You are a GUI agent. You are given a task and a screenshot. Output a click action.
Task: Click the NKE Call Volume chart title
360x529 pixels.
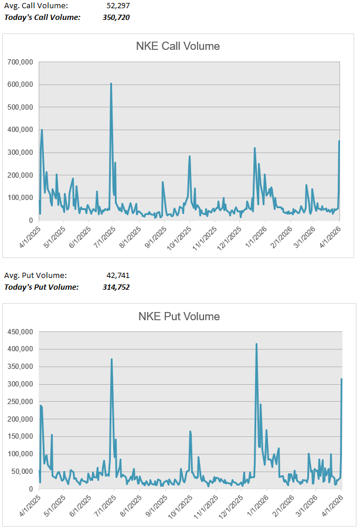point(178,46)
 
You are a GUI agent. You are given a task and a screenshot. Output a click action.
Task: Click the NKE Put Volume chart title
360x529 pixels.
point(179,317)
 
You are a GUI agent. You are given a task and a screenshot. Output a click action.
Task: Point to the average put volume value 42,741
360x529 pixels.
point(116,275)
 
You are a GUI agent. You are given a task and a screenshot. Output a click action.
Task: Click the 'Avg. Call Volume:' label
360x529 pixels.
point(36,5)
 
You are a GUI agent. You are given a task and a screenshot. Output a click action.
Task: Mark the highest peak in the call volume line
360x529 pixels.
point(111,84)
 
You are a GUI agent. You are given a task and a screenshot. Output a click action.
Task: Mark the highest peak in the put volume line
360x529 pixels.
point(256,344)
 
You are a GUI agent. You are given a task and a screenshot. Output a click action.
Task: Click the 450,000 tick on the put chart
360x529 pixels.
point(21,332)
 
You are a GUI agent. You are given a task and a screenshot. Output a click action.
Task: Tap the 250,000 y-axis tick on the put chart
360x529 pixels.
point(21,402)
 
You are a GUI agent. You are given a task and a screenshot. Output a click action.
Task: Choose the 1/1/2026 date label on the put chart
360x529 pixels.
point(256,504)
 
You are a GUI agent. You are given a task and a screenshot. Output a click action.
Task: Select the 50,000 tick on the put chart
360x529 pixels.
point(22,472)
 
